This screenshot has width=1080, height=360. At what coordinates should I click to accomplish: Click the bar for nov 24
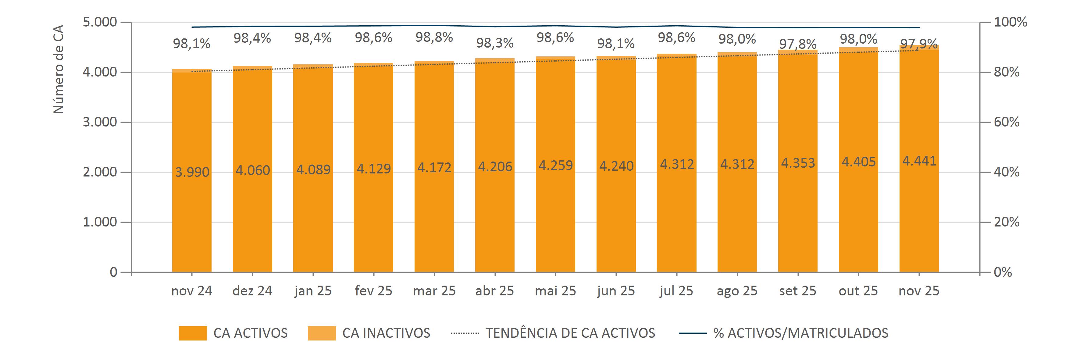(x=192, y=209)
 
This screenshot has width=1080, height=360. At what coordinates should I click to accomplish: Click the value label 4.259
(x=555, y=166)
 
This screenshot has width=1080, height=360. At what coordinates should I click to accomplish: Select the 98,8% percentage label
(x=434, y=38)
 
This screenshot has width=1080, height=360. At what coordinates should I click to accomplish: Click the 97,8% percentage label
(x=797, y=44)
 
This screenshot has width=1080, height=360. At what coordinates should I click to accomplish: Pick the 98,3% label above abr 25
(x=495, y=43)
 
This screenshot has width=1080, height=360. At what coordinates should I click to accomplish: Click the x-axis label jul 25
(x=676, y=291)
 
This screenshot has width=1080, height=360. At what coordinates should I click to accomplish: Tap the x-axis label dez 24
(x=252, y=291)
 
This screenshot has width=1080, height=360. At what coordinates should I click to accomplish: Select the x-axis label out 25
(x=858, y=291)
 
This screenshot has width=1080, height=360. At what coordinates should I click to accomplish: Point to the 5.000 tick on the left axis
(x=100, y=22)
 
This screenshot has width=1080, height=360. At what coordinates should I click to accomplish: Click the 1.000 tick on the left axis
(x=100, y=222)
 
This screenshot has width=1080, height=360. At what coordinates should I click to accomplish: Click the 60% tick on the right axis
(x=1007, y=122)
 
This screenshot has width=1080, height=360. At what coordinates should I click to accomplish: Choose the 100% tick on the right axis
(x=1010, y=22)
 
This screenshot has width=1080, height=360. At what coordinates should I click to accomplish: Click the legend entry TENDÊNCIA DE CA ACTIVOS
(x=570, y=333)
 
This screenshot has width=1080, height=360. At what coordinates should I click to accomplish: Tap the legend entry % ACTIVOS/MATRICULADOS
(x=800, y=333)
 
